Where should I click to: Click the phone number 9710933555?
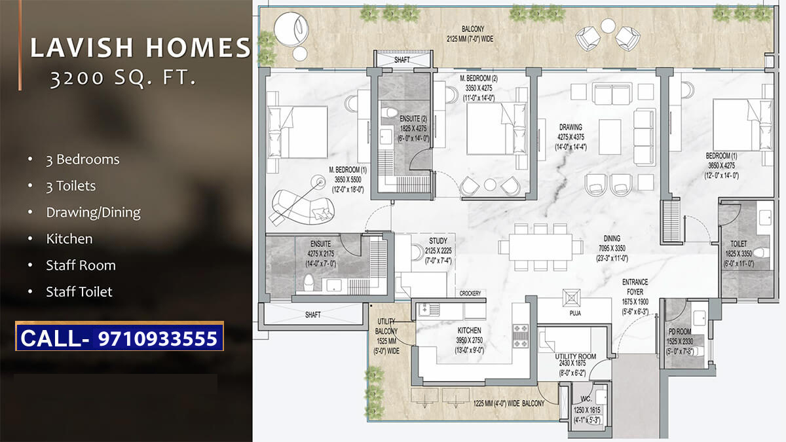(157, 338)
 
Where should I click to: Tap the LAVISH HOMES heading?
(141, 48)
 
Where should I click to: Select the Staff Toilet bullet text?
(79, 292)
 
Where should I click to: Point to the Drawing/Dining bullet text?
(93, 212)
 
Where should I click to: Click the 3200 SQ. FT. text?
(123, 79)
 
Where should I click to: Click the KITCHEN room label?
(470, 331)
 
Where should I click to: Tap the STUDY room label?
(438, 241)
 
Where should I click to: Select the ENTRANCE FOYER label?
(635, 286)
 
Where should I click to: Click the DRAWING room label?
(571, 127)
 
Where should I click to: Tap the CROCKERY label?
(470, 293)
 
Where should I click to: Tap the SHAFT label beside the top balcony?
(402, 59)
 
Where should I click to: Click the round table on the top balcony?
(608, 26)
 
